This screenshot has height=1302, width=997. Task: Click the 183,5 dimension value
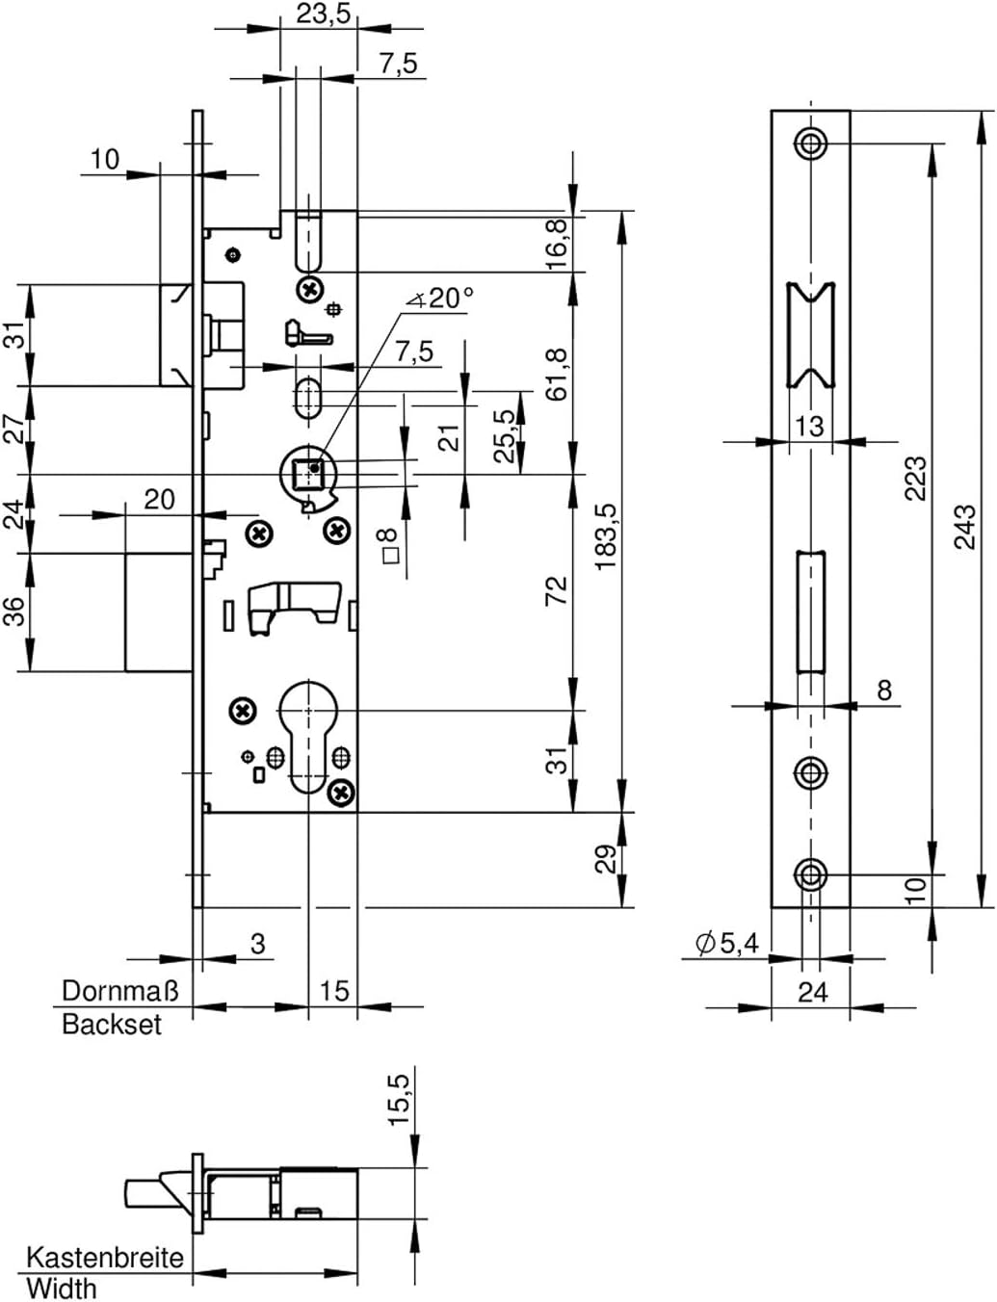pos(606,536)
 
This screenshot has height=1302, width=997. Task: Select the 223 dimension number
pos(916,479)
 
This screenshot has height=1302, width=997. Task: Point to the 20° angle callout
pos(441,299)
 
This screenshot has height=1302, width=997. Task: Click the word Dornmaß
pos(120,991)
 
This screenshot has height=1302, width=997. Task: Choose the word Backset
pos(112,1024)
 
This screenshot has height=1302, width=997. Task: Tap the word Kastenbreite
pos(104,1258)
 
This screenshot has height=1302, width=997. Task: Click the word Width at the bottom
pos(62,1288)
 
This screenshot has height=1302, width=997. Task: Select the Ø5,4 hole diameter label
pos(726,944)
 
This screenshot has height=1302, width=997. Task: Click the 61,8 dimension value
pos(558,374)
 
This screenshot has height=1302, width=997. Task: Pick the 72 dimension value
pos(558,590)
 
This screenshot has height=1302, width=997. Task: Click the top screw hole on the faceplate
pos(810,143)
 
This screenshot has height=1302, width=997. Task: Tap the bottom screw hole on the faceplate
pos(810,874)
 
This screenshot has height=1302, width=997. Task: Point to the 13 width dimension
pos(810,425)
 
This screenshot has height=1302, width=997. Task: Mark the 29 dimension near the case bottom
pos(606,858)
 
